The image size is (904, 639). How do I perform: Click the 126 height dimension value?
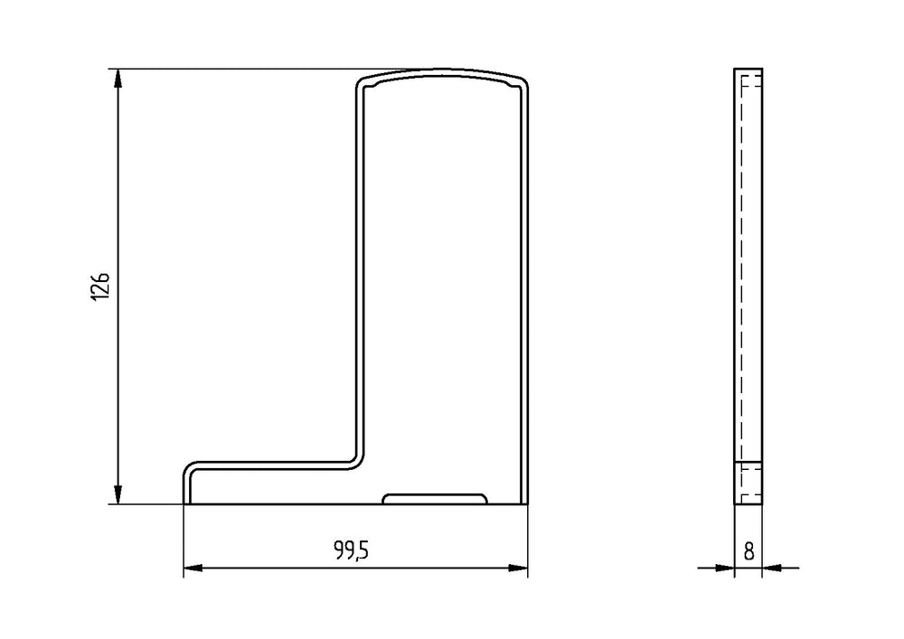[100, 286]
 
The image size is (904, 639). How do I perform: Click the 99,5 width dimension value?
[351, 550]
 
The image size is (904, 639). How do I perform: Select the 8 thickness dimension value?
[749, 551]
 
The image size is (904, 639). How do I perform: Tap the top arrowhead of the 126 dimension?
[118, 78]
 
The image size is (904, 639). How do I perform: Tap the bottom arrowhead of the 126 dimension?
[118, 495]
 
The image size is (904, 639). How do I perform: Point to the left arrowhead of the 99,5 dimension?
[193, 569]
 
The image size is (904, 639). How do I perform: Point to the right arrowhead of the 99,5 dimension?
[518, 569]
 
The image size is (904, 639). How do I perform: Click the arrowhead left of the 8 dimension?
[725, 569]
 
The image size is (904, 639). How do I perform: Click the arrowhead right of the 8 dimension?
[772, 569]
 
